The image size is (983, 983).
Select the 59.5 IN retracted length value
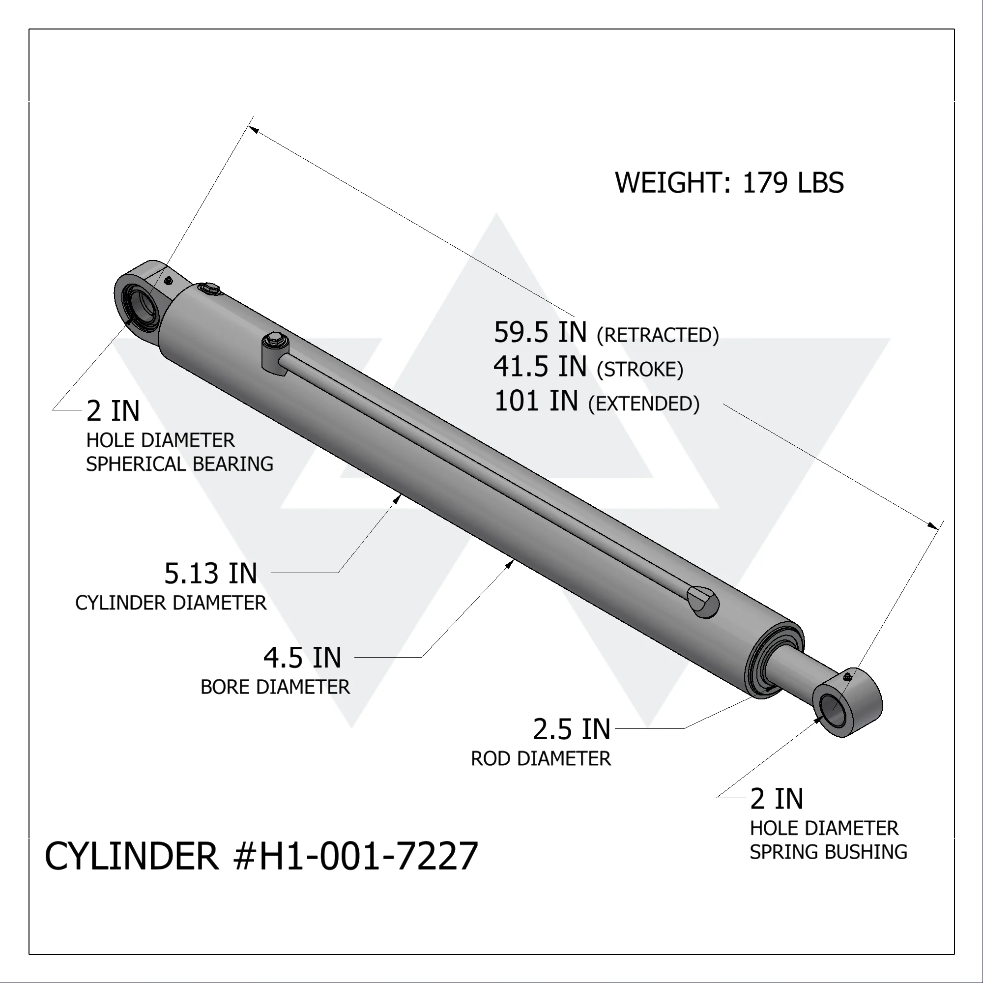click(540, 332)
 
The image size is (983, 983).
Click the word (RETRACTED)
click(657, 335)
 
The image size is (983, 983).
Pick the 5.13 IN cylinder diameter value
click(211, 574)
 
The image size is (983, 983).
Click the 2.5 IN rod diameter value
click(572, 729)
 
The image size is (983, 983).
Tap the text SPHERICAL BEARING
click(179, 464)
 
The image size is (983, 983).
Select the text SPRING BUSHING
click(828, 852)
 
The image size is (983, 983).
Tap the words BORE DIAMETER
click(275, 687)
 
